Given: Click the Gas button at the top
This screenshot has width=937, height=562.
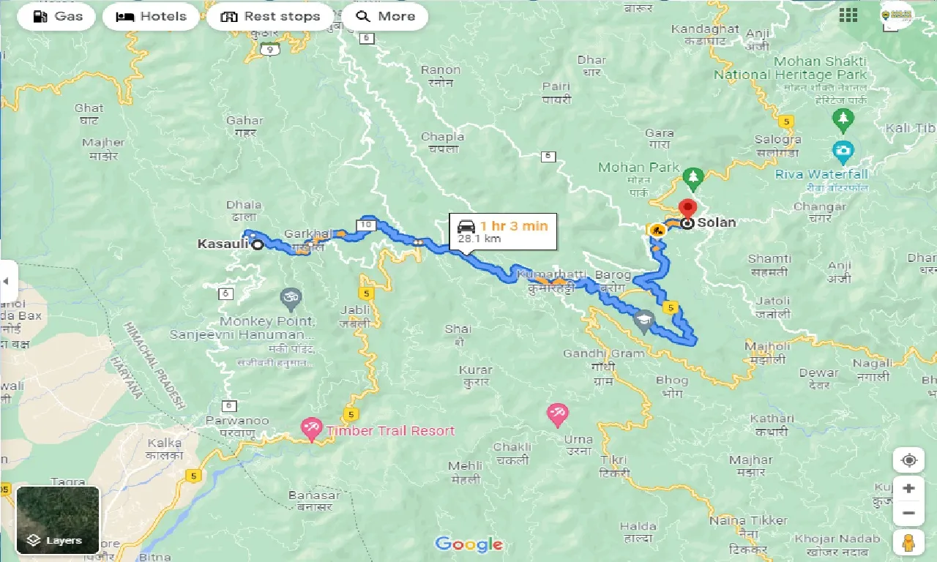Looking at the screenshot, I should (x=58, y=16).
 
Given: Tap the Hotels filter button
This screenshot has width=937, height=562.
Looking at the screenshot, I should (x=151, y=16).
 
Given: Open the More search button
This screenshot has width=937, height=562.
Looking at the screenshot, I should (x=384, y=16).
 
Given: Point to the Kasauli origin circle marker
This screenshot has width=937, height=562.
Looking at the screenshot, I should (x=258, y=245).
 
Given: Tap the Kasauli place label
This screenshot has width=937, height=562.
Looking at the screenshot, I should (x=223, y=244).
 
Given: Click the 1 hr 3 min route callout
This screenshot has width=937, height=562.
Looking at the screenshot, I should (x=503, y=232).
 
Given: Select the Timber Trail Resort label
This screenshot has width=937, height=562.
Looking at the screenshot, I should (x=390, y=431).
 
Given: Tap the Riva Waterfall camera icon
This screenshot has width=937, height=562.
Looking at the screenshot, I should (x=843, y=151).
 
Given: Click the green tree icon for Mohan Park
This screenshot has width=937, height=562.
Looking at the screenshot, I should (x=693, y=176).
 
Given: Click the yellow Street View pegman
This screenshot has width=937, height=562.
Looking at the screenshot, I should (x=908, y=542).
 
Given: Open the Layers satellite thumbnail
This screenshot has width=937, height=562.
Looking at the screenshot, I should (x=58, y=520).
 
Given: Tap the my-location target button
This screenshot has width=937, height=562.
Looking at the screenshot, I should (x=908, y=460).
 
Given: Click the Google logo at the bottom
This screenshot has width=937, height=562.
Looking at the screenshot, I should (x=468, y=544).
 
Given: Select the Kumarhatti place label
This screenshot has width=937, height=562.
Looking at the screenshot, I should (x=550, y=274).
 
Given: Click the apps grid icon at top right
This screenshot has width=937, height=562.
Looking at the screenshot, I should (x=848, y=15).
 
